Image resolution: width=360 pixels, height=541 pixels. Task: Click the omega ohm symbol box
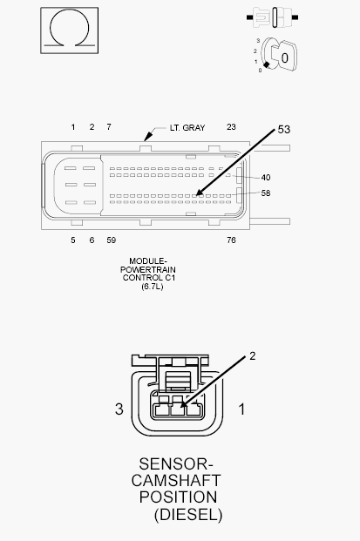[70, 30]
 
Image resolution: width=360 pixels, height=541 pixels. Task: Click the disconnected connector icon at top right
[273, 17]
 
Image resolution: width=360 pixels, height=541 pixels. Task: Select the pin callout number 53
[283, 130]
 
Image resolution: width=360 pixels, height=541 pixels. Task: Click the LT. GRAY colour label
[187, 128]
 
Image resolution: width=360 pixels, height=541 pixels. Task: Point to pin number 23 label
[231, 127]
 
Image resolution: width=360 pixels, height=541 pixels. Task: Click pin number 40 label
[266, 178]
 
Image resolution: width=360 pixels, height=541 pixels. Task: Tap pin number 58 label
[266, 193]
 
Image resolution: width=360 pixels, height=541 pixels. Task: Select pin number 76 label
[231, 240]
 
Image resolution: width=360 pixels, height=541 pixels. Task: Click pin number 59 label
[112, 240]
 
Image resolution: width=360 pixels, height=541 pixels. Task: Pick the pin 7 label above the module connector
[109, 127]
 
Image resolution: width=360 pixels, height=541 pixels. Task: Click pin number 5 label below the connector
[73, 240]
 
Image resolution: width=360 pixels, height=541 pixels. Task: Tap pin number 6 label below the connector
[92, 240]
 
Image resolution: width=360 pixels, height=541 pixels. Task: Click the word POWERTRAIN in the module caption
[147, 269]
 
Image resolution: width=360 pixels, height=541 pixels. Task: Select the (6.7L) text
[152, 287]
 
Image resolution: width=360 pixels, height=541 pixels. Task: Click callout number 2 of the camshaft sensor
[252, 356]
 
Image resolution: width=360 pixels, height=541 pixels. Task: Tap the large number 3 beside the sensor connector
[119, 409]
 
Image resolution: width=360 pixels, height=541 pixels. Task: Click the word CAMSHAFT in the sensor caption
[176, 481]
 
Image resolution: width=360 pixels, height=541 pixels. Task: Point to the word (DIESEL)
[188, 515]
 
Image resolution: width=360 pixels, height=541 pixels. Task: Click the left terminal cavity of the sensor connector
[160, 410]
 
